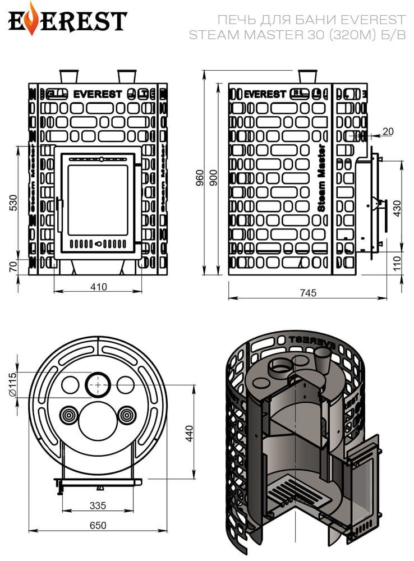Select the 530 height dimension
[13, 203]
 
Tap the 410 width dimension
[98, 287]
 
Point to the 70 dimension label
[13, 266]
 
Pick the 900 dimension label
[213, 178]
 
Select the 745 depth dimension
[308, 293]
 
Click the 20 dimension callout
[388, 131]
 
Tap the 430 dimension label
[397, 209]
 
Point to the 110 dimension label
[397, 264]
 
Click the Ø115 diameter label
[12, 384]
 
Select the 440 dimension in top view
[189, 433]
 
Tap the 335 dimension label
[98, 505]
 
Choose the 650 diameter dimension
[98, 525]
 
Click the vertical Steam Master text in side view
[321, 178]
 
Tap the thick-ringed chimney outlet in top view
[98, 385]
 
